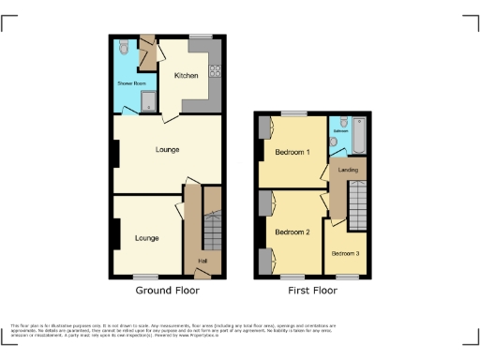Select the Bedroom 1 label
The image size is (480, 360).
click(292, 151)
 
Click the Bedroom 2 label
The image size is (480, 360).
click(292, 232)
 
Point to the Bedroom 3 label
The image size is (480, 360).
click(346, 252)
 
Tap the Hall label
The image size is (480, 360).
click(202, 260)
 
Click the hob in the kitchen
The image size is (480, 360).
click(215, 68)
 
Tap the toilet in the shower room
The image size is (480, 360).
click(126, 47)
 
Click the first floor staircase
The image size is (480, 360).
click(359, 200)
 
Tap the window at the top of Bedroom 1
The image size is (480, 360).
click(292, 113)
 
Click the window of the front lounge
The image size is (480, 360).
click(145, 276)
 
